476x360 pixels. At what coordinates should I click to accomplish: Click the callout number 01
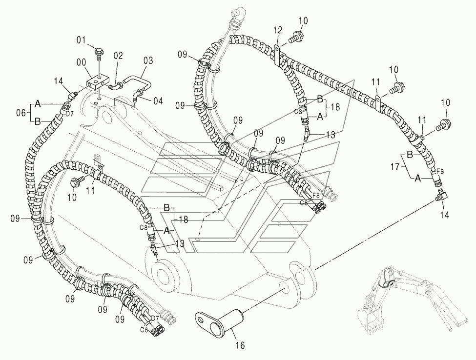[x=81, y=40]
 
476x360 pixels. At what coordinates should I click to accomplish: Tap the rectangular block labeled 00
[x=97, y=82]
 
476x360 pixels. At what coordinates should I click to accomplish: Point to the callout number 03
[x=148, y=60]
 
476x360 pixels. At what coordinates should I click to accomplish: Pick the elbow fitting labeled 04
[x=137, y=96]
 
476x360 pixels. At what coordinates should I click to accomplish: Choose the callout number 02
[x=119, y=56]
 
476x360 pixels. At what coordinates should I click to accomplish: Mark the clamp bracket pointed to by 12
[x=278, y=55]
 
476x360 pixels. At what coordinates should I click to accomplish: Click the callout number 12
[x=277, y=30]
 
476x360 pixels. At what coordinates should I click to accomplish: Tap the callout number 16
[x=240, y=345]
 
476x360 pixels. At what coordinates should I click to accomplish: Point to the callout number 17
[x=395, y=166]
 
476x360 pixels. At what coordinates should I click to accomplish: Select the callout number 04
[x=158, y=100]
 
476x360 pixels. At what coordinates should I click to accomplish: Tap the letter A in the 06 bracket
[x=37, y=104]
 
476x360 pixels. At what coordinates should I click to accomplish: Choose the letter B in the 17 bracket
[x=410, y=155]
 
